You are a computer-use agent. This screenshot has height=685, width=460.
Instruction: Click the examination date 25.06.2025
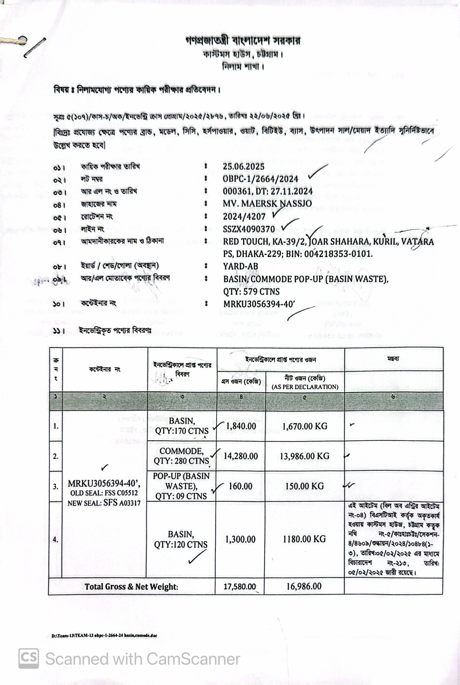coord(243,167)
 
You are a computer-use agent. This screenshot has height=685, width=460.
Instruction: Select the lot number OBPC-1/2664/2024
coord(260,179)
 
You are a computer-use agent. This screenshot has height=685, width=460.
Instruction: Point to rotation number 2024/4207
coord(244,217)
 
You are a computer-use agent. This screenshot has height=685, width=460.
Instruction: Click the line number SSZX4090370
coord(249,229)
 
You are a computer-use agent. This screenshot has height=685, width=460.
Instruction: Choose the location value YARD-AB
coord(240,266)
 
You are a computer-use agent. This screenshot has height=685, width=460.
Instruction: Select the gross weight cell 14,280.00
coord(240,456)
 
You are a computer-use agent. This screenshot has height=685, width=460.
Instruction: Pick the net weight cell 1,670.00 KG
coord(304,426)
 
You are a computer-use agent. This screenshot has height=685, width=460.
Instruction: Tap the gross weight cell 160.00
coord(240,486)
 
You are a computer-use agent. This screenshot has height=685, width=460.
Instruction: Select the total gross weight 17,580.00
coord(240,586)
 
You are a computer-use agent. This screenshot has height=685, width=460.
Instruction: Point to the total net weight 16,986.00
coord(304,586)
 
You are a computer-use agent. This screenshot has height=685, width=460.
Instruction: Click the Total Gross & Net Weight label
coord(131,587)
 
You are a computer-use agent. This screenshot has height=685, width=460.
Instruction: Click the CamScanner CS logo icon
coord(29,659)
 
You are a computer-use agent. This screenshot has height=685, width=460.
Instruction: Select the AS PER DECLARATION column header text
coord(305,387)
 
